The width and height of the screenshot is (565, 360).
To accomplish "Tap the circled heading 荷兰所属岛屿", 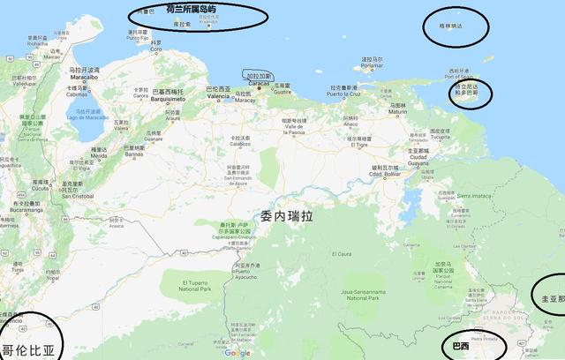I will coord(185,9).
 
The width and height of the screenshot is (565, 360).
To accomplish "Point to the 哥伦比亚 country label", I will coord(27,349).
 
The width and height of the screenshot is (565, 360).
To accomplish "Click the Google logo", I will coord(237,353).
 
